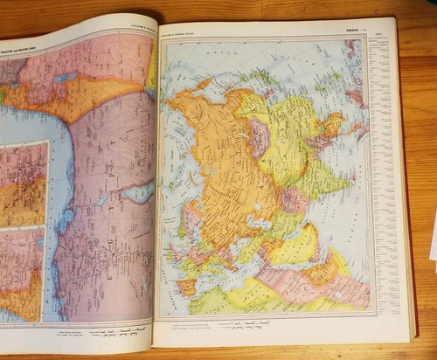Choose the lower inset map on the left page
22,271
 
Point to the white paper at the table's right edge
433,236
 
